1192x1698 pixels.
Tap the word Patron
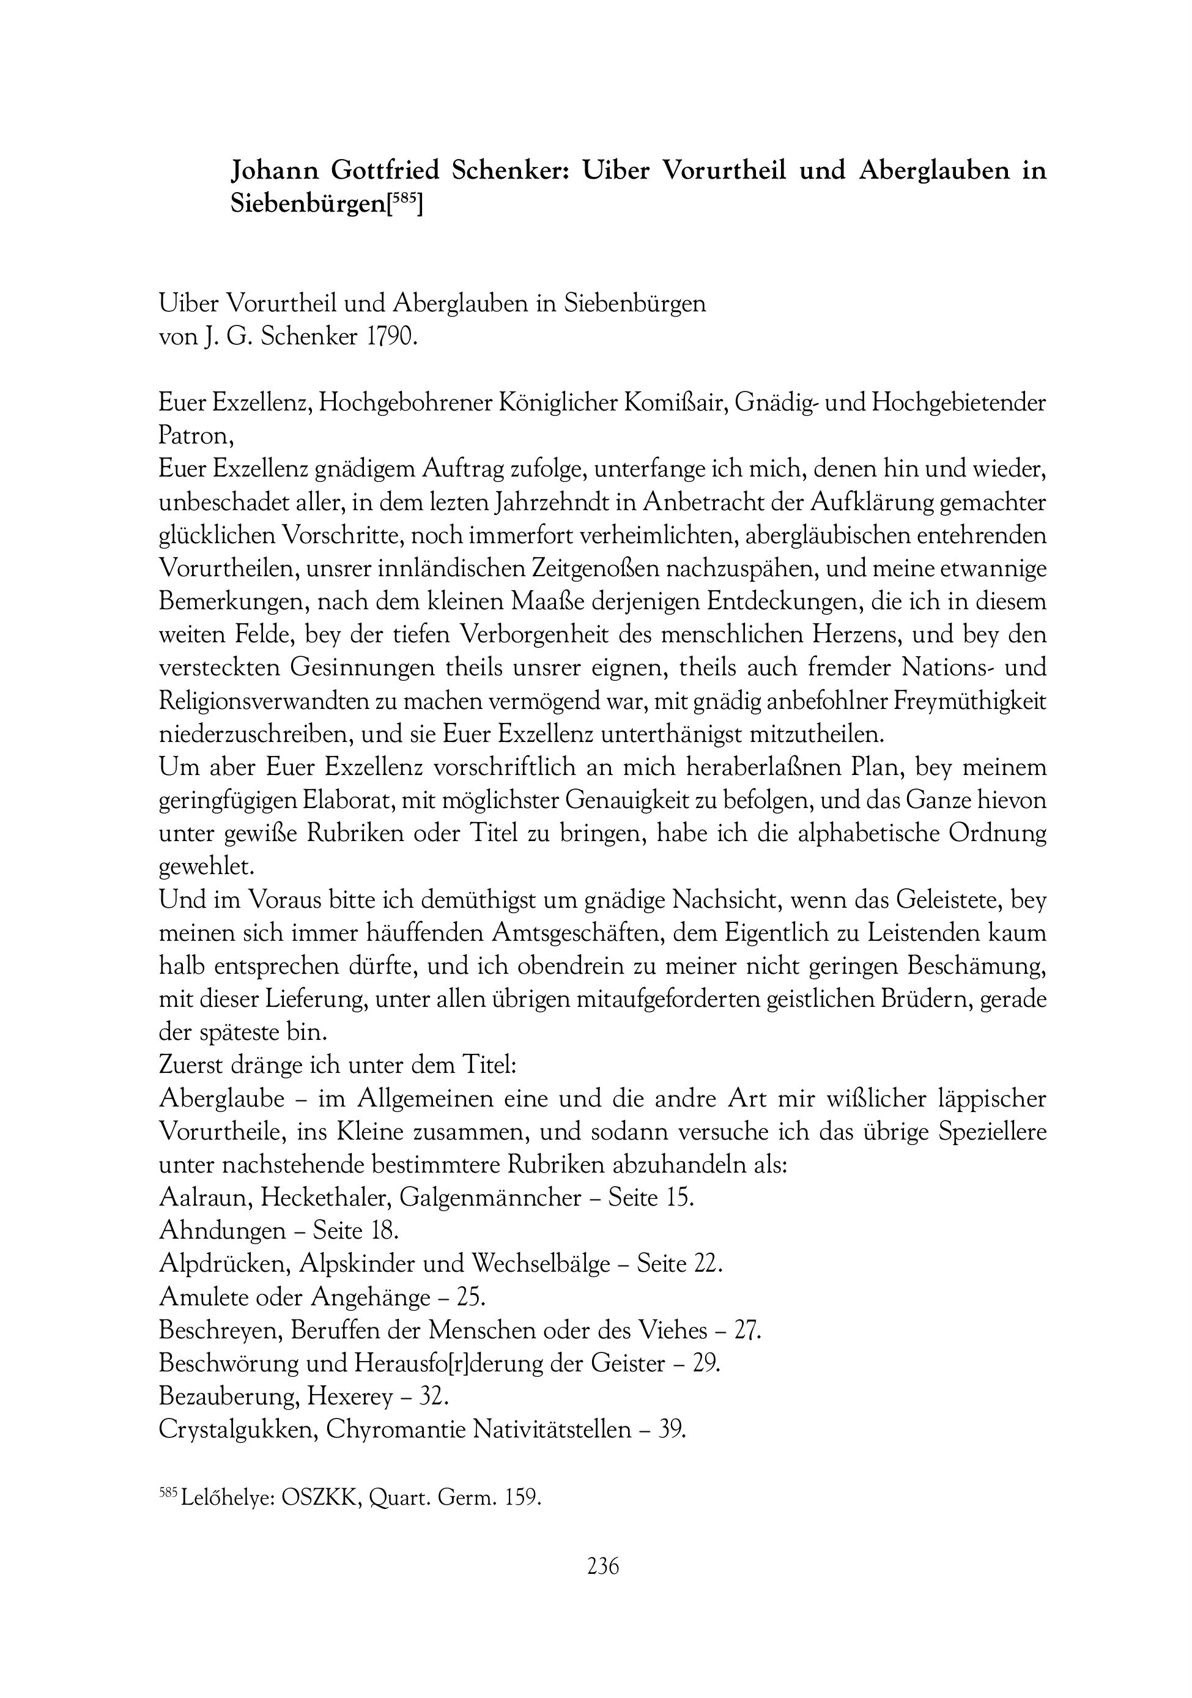point(196,436)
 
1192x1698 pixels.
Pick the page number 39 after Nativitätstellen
point(671,1429)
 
